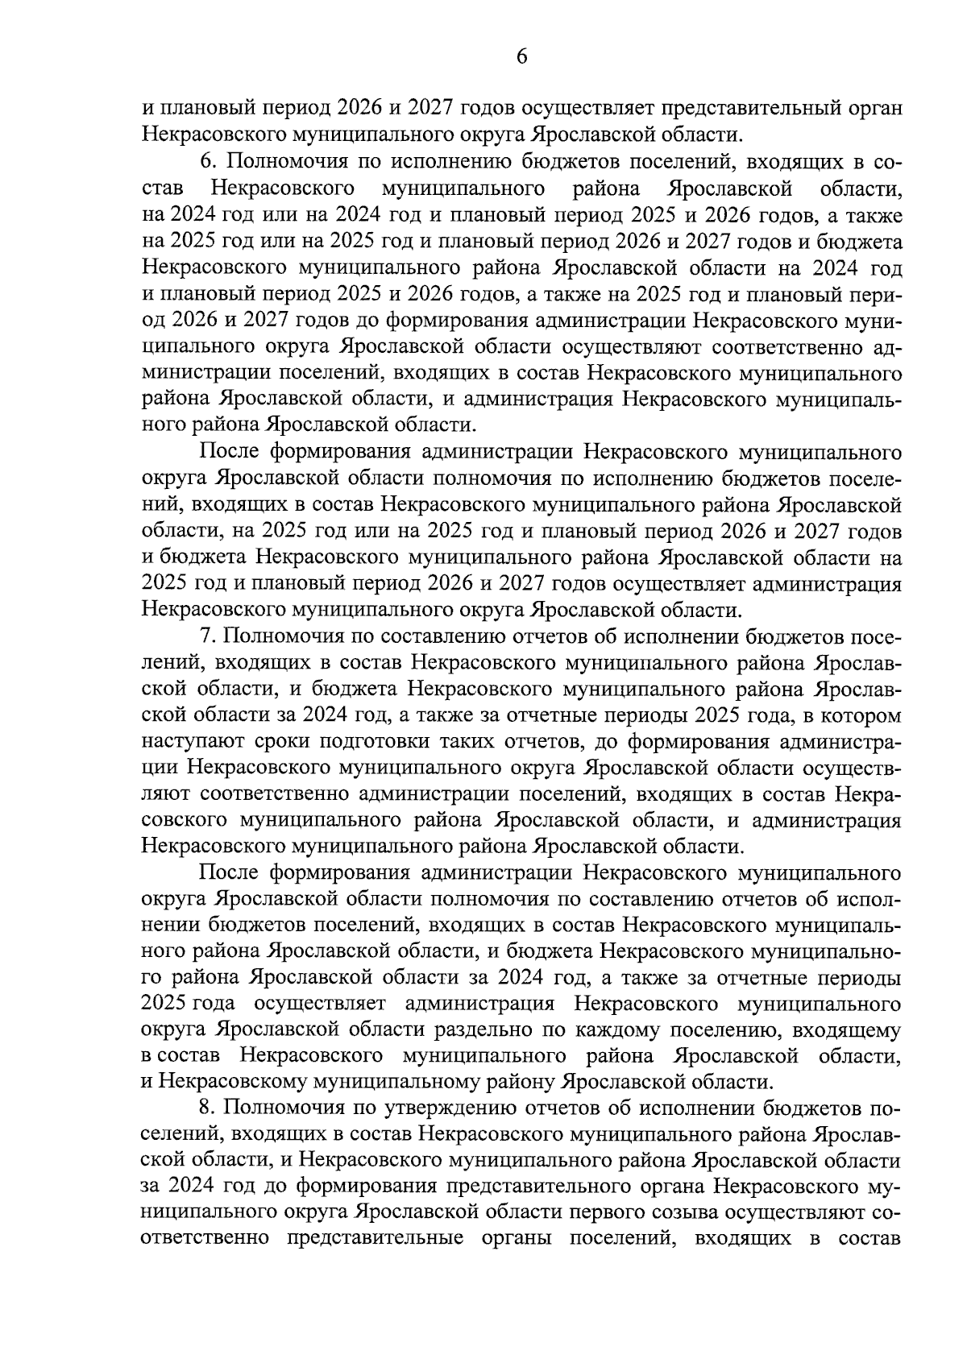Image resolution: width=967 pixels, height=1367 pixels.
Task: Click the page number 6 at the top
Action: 521,56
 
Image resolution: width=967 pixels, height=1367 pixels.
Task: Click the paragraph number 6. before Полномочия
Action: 208,163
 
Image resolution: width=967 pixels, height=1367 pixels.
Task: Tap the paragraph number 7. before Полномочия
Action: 208,636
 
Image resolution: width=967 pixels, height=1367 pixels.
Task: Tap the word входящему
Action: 848,1031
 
